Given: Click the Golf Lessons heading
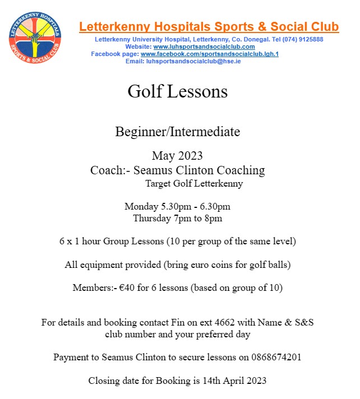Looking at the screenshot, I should click(177, 91).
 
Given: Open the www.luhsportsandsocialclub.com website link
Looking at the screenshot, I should click(204, 47).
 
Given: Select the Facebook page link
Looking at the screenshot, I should click(210, 54).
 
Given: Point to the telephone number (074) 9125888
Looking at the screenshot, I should click(303, 40).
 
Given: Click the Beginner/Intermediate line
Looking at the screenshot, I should click(177, 132).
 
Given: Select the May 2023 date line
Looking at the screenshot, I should click(177, 155).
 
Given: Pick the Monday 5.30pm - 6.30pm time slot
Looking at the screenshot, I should click(177, 206).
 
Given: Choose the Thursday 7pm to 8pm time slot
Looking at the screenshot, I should click(177, 218).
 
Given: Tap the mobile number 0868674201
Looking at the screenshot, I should click(276, 357).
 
